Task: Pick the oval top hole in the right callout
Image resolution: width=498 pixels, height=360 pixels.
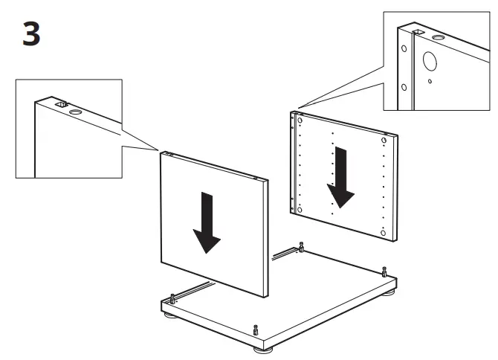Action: coord(438,36)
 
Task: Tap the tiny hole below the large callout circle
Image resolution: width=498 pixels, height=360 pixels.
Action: coord(431,83)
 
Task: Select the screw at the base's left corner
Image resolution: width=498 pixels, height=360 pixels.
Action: coord(172,298)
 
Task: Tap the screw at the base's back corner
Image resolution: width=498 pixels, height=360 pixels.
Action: coord(301,246)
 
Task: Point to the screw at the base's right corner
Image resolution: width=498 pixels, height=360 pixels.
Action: coord(384,271)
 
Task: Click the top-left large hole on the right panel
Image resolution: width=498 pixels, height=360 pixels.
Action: coord(299,119)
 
